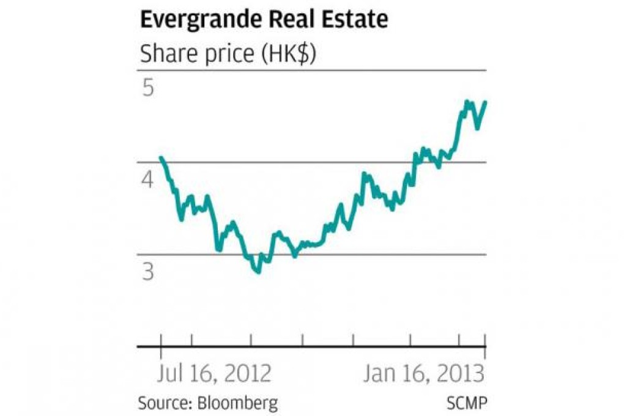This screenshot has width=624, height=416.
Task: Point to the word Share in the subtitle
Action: pos(166,54)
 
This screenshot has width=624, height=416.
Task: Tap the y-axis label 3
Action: pos(147,272)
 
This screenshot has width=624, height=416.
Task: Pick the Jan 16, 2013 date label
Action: pos(423,373)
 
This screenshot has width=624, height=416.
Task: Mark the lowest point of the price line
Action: pos(258,272)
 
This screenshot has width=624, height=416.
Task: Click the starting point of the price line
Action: pos(160,158)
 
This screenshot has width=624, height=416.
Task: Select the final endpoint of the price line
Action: pos(486,102)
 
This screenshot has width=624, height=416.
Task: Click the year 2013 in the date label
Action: pos(462,373)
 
